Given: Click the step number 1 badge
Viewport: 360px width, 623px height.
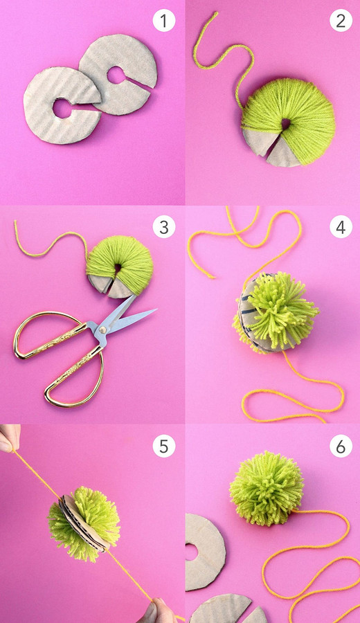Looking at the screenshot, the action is [x=163, y=21].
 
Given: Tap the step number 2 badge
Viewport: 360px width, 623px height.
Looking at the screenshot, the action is [x=341, y=21].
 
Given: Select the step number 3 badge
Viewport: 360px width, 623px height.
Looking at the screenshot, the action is [x=163, y=227].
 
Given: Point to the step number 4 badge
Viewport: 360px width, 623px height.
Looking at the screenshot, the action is [x=341, y=227].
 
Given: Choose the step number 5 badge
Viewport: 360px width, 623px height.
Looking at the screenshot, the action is [x=163, y=446].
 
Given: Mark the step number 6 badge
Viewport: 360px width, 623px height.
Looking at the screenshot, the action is [x=341, y=446].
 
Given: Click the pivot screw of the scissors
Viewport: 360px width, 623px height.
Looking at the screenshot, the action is [x=103, y=329].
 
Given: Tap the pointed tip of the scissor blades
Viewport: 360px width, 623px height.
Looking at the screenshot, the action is [x=156, y=309].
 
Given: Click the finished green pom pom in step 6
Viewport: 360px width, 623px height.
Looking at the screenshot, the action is [x=267, y=488].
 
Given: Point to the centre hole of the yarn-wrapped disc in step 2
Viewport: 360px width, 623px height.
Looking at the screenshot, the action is [x=286, y=124].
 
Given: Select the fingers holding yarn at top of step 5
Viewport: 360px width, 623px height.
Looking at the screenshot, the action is [x=9, y=438].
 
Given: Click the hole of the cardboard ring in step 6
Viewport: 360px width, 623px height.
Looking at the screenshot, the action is [x=191, y=552].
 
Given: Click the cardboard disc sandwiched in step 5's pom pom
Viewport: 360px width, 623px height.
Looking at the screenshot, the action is [x=82, y=523].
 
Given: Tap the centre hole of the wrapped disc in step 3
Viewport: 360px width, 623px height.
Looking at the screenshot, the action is [x=118, y=269].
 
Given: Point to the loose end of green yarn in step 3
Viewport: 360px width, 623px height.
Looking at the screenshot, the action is [x=16, y=223].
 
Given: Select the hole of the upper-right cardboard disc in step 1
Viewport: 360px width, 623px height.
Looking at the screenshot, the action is [x=116, y=75].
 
